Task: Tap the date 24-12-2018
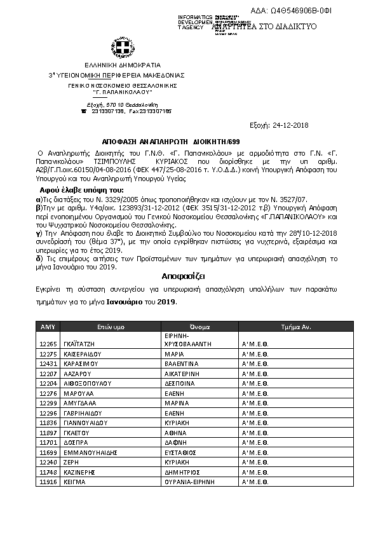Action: [291, 125]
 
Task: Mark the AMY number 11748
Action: [48, 472]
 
